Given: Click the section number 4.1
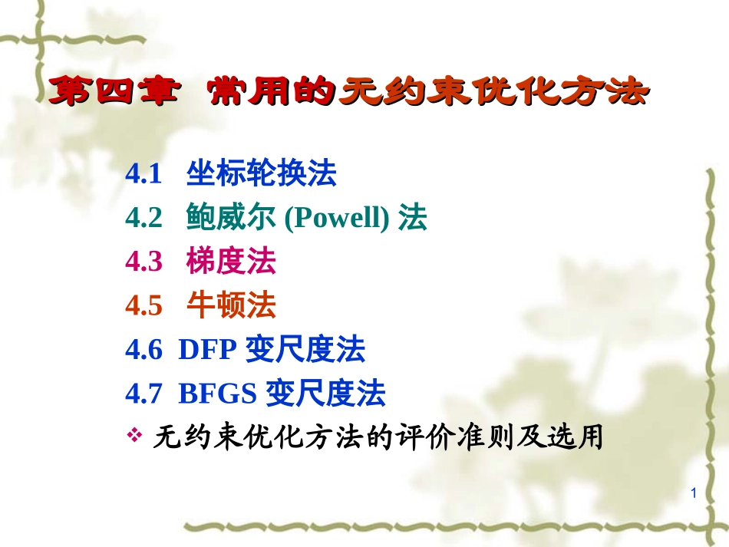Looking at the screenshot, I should coord(143,176).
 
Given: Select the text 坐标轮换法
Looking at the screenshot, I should coord(261,175).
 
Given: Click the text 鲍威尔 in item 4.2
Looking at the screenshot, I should coord(231,219).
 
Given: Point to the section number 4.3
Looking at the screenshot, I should coord(143,263).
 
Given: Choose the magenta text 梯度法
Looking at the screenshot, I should coord(231,263).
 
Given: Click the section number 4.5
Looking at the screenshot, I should coord(143,307).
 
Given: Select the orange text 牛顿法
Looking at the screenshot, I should coord(231,307).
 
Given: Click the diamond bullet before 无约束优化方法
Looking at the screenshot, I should coord(134,437).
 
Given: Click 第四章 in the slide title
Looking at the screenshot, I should coord(107,93).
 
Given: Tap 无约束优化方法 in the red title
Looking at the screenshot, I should coord(494,93).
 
